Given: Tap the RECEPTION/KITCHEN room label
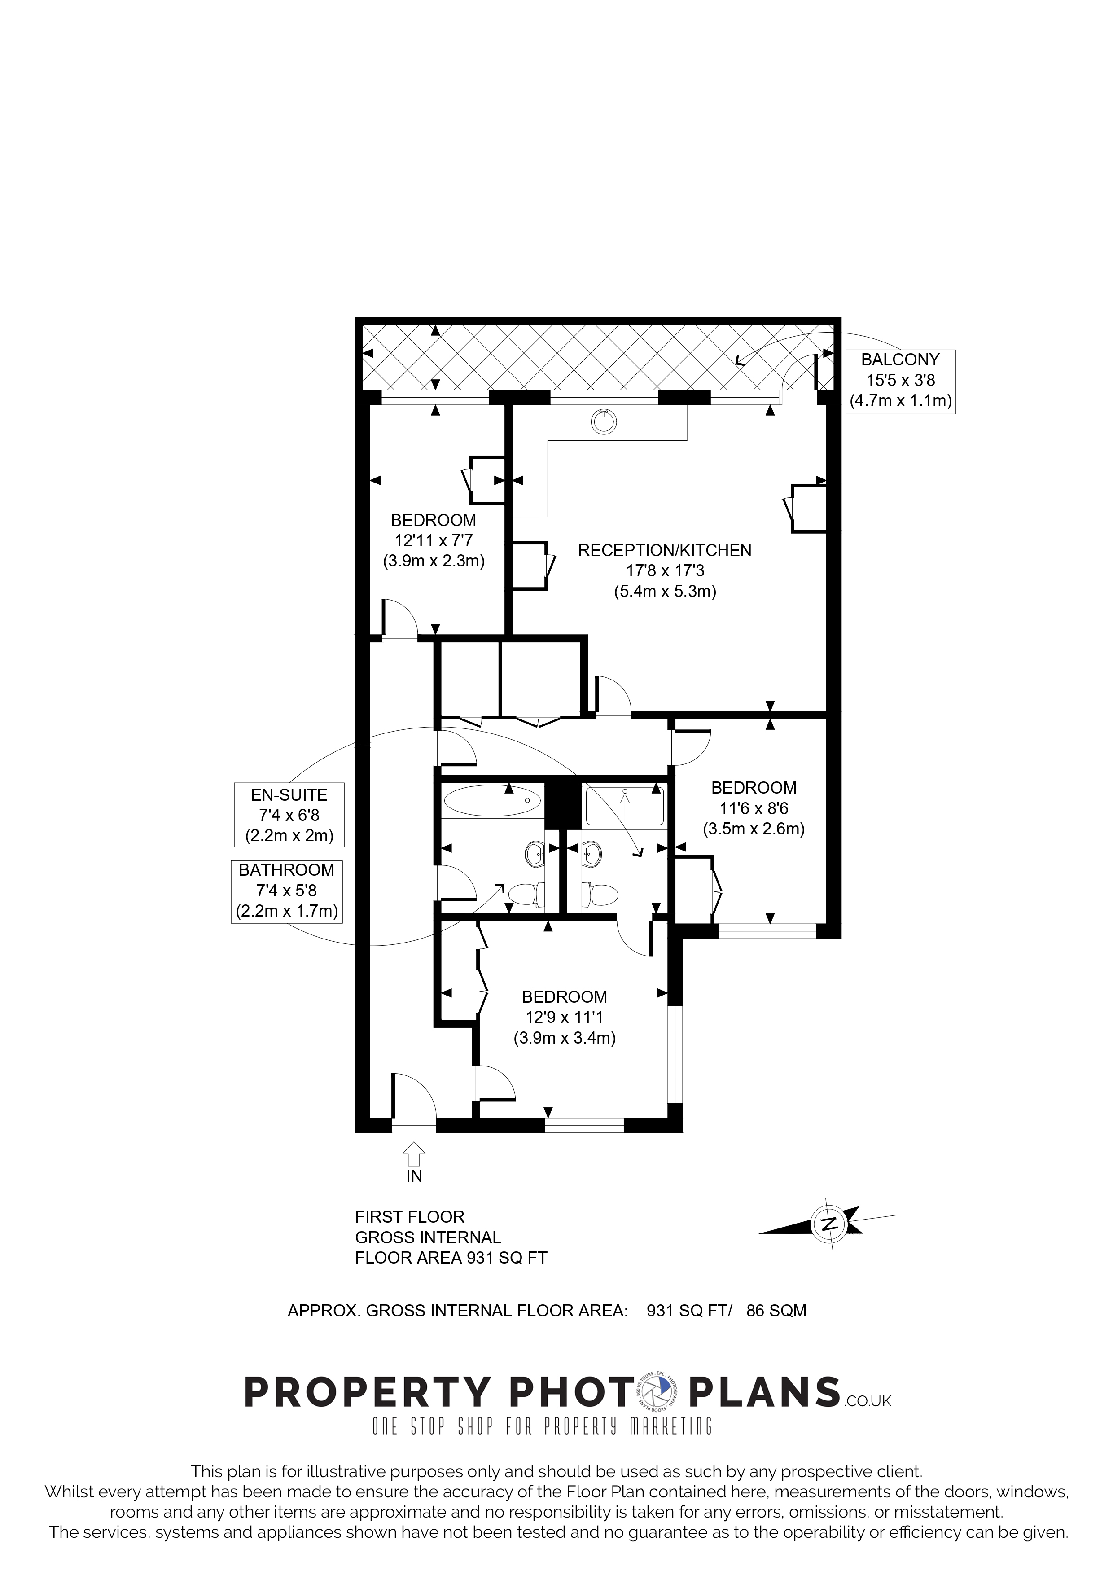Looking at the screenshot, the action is [x=665, y=550].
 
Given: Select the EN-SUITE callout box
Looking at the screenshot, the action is [x=289, y=815].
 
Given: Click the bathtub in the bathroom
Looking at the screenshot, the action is [x=492, y=801].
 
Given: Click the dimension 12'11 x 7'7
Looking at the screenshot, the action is [x=434, y=540].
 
